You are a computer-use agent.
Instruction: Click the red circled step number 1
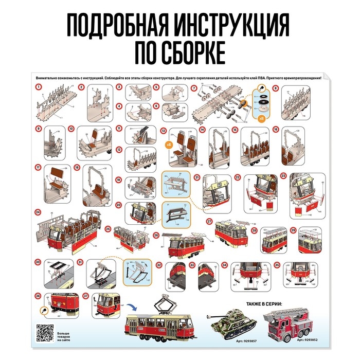pos(38,87)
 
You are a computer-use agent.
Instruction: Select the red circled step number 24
pos(38,212)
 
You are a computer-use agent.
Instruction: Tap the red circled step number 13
pos(164,131)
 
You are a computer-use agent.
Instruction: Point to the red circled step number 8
pos(276,88)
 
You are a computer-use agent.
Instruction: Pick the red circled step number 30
pos(38,262)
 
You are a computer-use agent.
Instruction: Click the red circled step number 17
pos(38,167)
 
